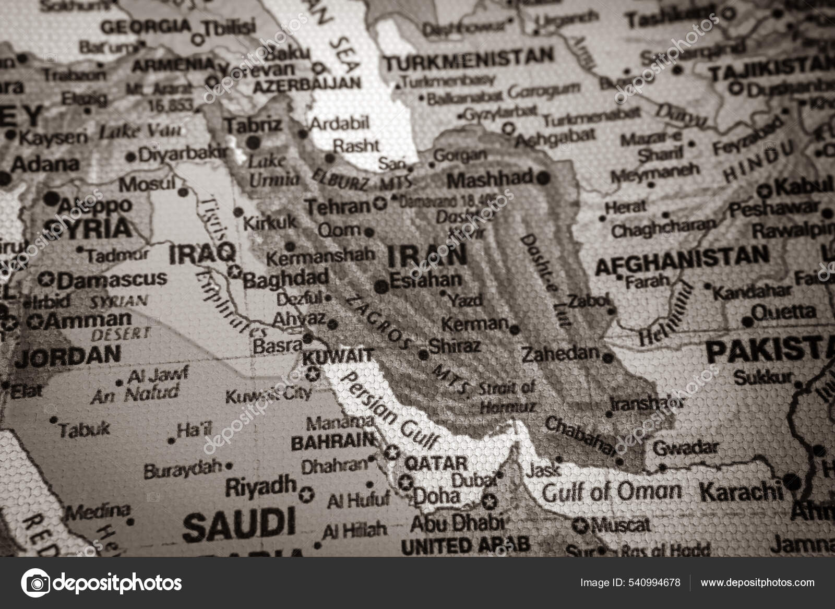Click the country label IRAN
[x=427, y=256]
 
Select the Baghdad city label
[x=286, y=278]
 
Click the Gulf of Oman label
[x=612, y=492]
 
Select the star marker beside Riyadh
[x=308, y=493]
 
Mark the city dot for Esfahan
[x=381, y=286]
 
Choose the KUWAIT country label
[x=338, y=357]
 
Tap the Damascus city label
[x=112, y=280]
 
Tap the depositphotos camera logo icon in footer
[x=35, y=582]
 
